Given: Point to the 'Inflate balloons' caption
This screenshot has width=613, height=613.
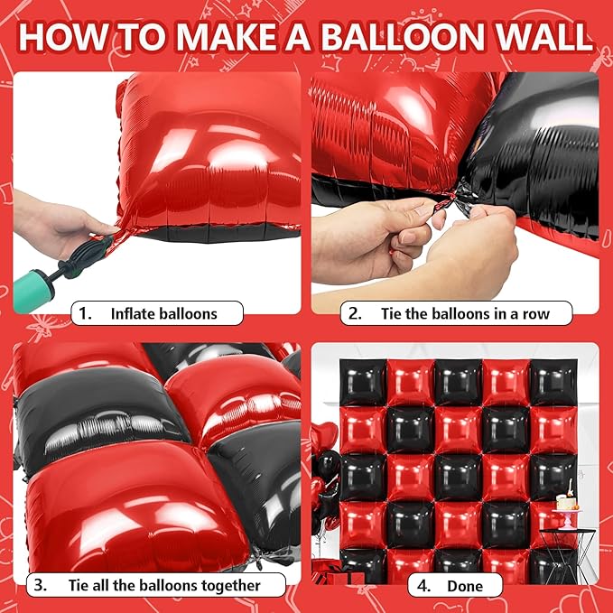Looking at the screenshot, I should pos(163,314).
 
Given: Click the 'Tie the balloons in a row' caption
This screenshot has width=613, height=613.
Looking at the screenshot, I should pos(509,314).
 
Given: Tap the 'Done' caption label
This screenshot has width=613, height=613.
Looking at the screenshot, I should pos(464,585).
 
